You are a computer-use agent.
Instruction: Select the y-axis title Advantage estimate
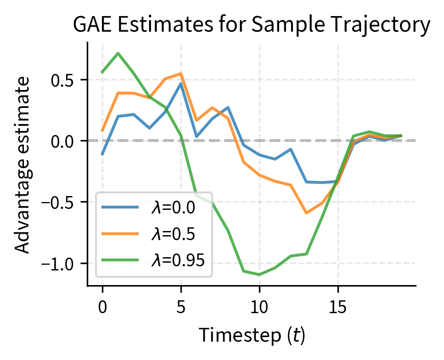point(23,164)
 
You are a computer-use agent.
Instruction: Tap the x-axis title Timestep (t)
point(252,336)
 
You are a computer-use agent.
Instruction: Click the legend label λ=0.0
point(173,208)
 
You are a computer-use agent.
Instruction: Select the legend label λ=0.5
point(173,234)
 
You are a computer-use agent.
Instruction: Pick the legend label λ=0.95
point(177,259)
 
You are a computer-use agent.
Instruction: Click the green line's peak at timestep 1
point(118,53)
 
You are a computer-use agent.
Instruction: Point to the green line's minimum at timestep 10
point(259,275)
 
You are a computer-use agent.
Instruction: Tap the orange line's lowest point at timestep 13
point(307,213)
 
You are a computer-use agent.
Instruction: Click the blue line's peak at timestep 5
point(181,84)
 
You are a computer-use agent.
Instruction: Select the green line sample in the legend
point(120,260)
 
